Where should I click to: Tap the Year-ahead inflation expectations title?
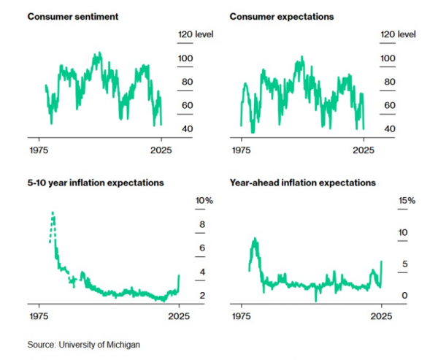(x=303, y=183)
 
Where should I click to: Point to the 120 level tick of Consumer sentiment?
(x=195, y=34)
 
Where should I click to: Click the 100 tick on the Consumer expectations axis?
(x=389, y=58)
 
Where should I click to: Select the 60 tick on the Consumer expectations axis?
(x=389, y=106)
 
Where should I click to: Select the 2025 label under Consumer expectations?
(x=363, y=150)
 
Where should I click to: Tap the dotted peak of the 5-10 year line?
(x=53, y=213)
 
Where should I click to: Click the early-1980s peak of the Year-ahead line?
(x=255, y=240)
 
